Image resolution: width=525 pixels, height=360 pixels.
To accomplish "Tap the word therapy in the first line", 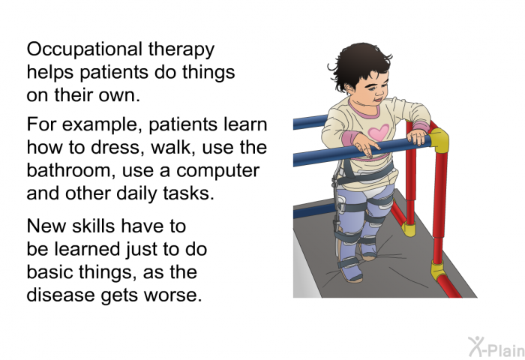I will (180, 51).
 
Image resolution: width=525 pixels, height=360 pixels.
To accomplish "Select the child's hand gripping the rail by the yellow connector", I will (417, 137).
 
